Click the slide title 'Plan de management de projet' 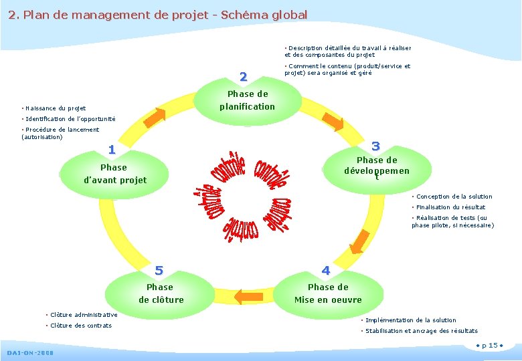coord(158,15)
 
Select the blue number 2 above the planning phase coord(243,77)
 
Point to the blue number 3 coord(375,146)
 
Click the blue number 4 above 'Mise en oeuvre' coord(326,271)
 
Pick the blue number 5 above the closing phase coord(159,271)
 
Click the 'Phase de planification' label coord(247,100)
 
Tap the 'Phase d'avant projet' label coord(114,174)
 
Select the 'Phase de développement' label coord(377,166)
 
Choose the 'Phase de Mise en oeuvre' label coord(328,293)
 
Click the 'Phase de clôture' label coord(161,293)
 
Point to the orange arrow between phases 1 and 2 coord(155,116)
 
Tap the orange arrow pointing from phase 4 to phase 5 coord(248,295)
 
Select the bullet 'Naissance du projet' coord(54,108)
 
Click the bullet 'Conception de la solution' coord(453,197)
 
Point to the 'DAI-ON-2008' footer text coord(30,352)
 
